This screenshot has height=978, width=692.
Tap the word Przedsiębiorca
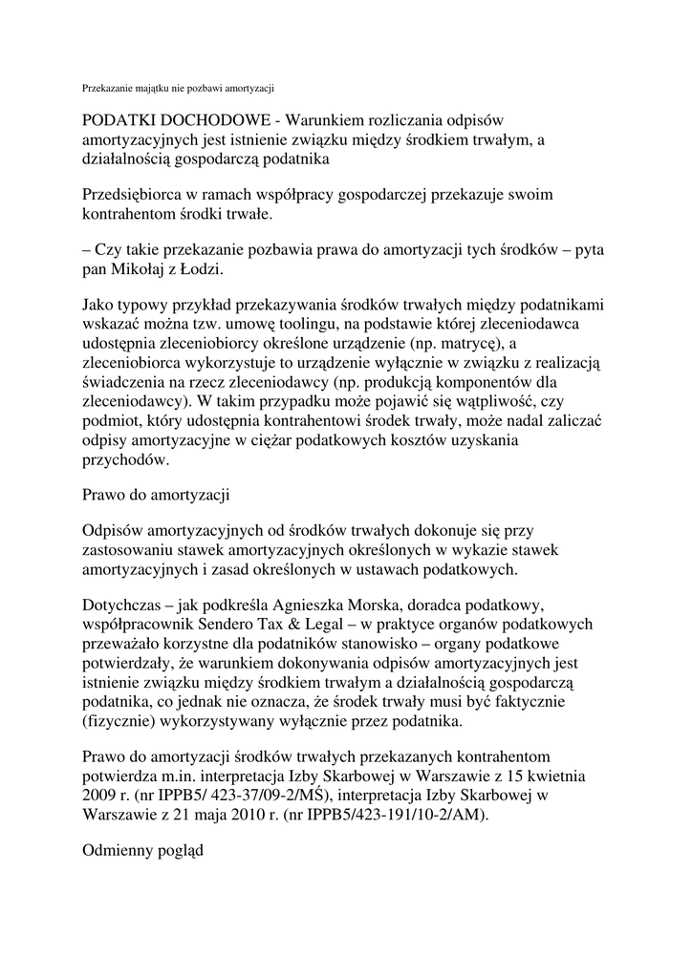[137, 195]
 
